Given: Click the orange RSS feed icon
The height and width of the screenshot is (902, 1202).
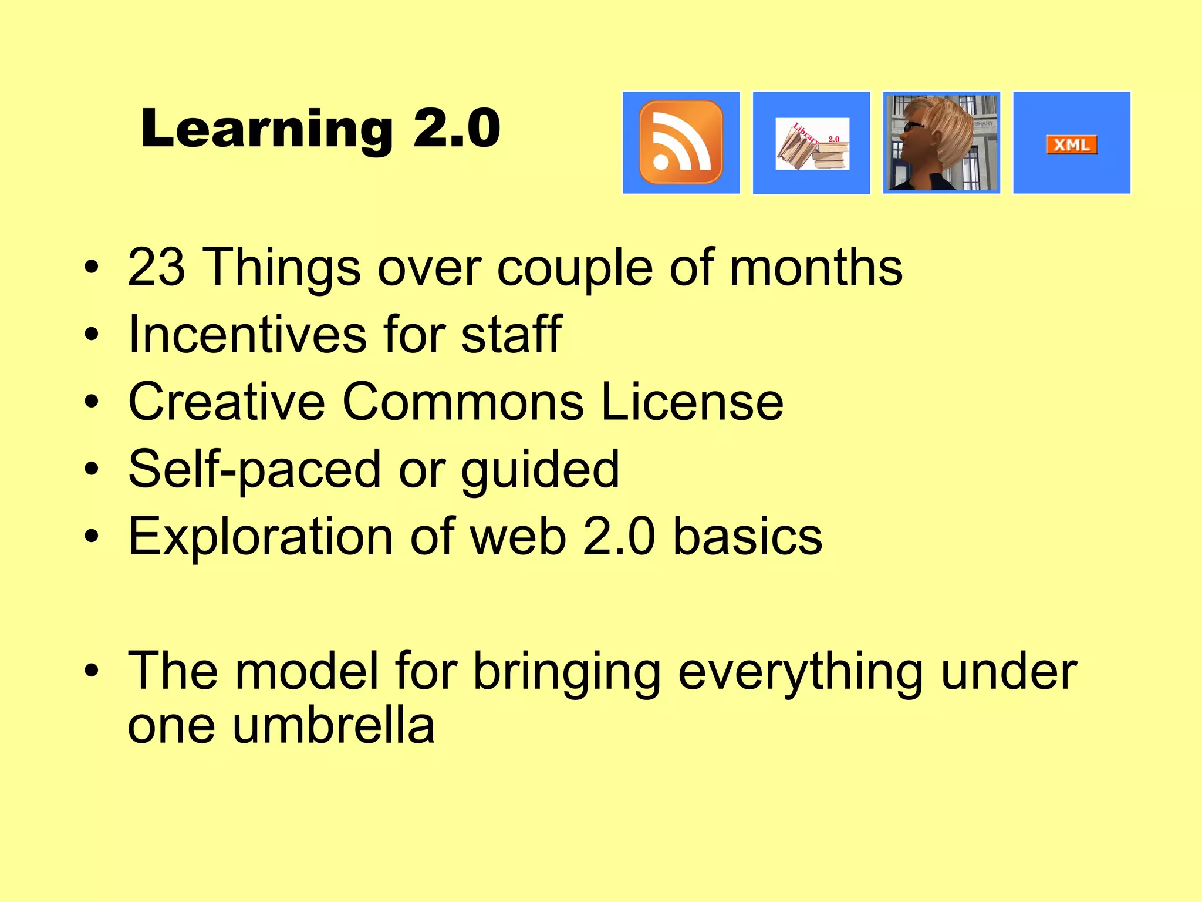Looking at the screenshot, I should pyautogui.click(x=681, y=143).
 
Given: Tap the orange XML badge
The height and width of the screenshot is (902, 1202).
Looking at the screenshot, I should pyautogui.click(x=1072, y=144).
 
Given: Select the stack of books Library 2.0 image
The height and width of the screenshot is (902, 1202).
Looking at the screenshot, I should pyautogui.click(x=812, y=144).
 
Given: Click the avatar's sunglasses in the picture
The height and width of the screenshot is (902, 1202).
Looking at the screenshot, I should pyautogui.click(x=913, y=126).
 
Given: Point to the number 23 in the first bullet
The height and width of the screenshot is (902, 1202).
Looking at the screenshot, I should pyautogui.click(x=156, y=267).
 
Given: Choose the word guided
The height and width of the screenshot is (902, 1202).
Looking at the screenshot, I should pyautogui.click(x=540, y=470).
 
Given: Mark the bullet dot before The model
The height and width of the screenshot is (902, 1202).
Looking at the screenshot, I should pyautogui.click(x=92, y=671).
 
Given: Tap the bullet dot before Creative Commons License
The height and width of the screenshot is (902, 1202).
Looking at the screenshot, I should pyautogui.click(x=92, y=403).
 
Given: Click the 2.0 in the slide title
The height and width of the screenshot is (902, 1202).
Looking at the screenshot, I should pyautogui.click(x=457, y=129).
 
